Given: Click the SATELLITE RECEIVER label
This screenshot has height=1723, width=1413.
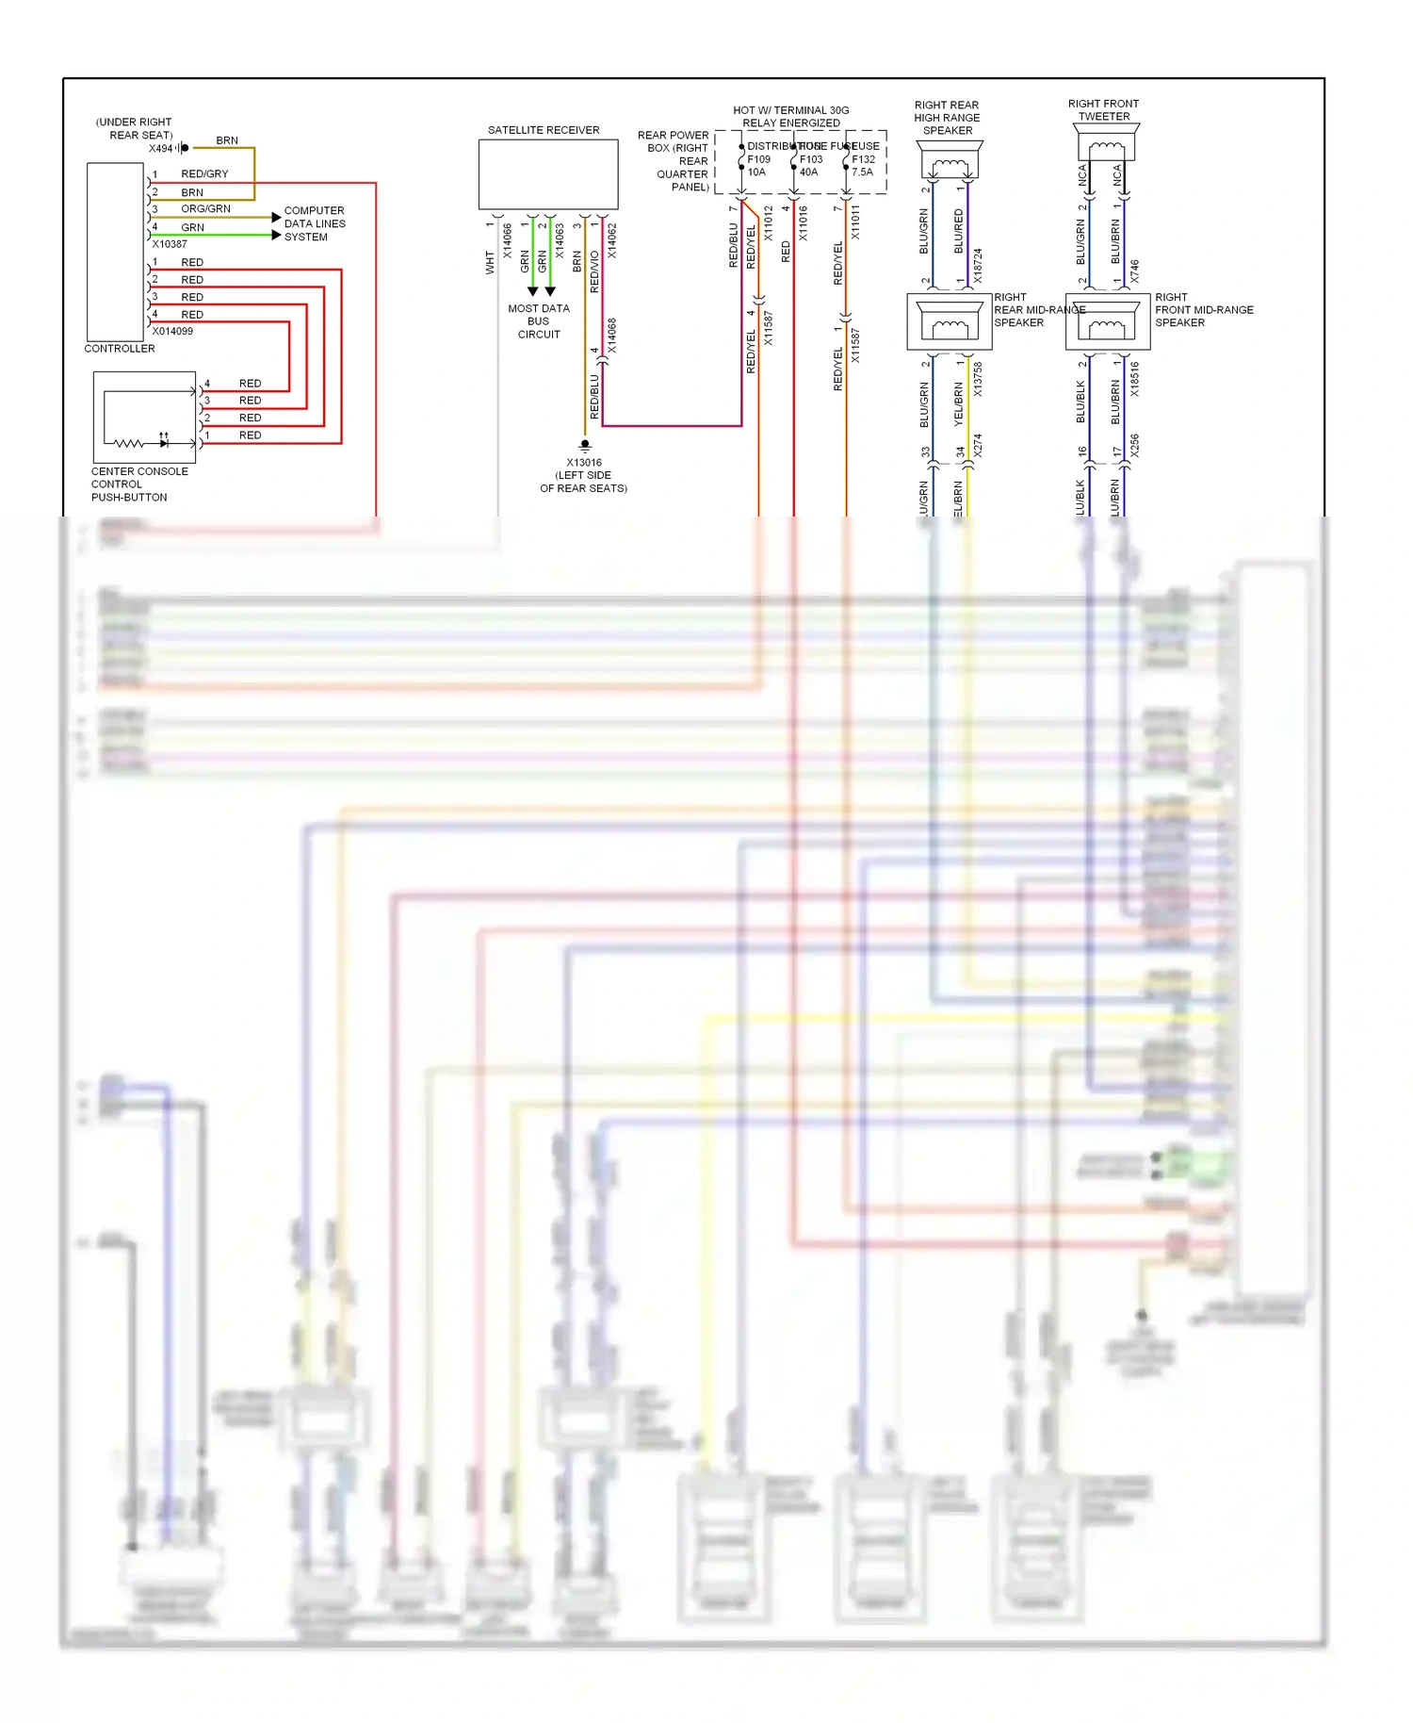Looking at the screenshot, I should (544, 130).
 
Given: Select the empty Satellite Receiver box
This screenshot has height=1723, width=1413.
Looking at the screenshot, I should (548, 174).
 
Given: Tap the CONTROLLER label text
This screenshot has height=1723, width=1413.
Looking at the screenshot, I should (120, 349).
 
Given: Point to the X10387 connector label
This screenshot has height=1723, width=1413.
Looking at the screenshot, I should (170, 244).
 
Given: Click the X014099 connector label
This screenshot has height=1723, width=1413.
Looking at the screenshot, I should (172, 332).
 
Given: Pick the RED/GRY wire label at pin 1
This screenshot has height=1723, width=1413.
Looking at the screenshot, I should (204, 174).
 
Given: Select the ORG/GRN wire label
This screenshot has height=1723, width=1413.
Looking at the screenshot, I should (205, 209).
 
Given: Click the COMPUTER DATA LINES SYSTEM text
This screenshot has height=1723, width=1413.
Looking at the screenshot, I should (315, 224).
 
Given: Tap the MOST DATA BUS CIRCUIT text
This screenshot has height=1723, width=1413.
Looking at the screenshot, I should (539, 321).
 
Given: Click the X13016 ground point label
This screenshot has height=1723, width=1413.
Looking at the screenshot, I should (584, 463).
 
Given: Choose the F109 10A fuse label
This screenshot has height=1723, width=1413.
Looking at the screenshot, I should (758, 166).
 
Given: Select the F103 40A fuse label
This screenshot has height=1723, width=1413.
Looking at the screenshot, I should (810, 166).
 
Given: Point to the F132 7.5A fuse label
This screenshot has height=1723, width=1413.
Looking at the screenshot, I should (863, 166).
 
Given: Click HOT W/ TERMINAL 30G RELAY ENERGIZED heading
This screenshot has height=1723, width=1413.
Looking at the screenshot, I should (791, 117).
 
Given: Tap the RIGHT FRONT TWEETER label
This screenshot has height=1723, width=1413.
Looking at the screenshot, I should (1103, 110).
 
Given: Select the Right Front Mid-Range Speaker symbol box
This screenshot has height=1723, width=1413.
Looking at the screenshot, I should (1108, 322).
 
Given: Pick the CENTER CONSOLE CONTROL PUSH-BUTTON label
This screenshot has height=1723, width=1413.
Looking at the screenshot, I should (138, 484).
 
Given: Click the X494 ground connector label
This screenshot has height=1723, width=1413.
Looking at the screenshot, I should (160, 149).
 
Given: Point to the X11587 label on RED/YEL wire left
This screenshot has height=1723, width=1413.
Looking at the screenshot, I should (768, 328).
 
